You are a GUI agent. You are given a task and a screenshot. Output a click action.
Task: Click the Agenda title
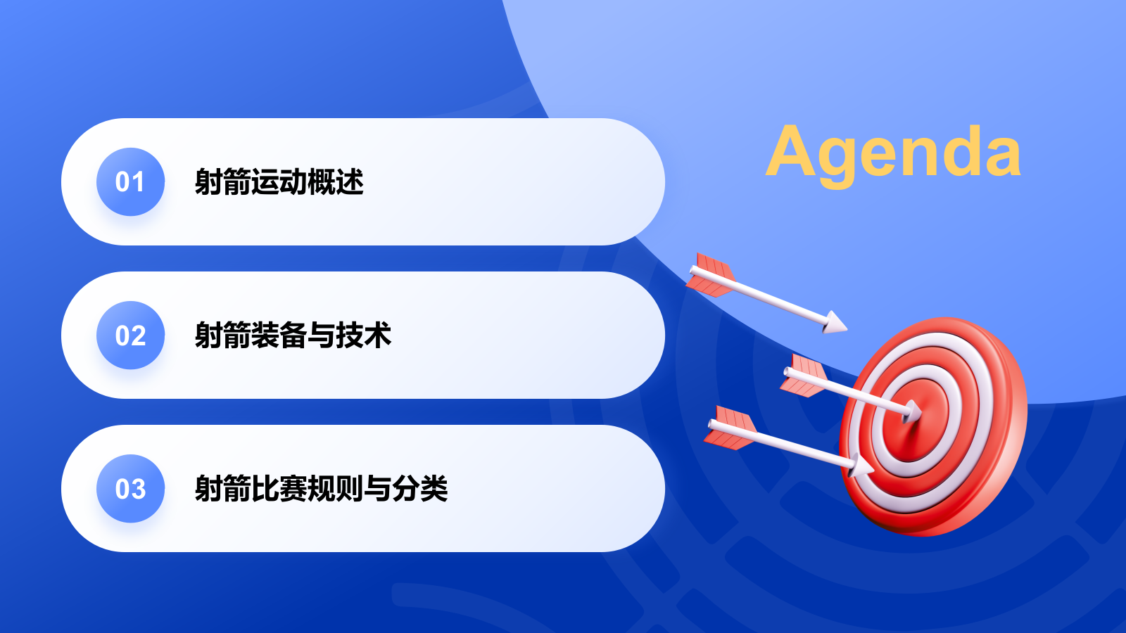click(893, 152)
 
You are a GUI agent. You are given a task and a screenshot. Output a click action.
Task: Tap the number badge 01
click(130, 182)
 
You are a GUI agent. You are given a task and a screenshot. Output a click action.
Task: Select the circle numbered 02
click(130, 335)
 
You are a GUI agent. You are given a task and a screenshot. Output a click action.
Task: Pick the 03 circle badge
click(130, 489)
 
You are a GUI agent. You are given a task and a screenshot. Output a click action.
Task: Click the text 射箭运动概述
click(279, 182)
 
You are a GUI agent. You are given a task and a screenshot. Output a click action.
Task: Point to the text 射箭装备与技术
click(293, 335)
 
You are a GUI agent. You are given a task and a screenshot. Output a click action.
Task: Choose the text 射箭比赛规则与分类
click(321, 489)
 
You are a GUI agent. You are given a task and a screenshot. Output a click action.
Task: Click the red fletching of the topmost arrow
click(711, 275)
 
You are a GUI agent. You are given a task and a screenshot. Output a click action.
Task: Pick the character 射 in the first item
click(208, 182)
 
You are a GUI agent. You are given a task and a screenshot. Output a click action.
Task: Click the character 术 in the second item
click(377, 335)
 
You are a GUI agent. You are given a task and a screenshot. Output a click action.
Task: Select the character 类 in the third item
click(434, 489)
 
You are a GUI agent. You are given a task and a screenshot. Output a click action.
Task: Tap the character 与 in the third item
click(377, 489)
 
